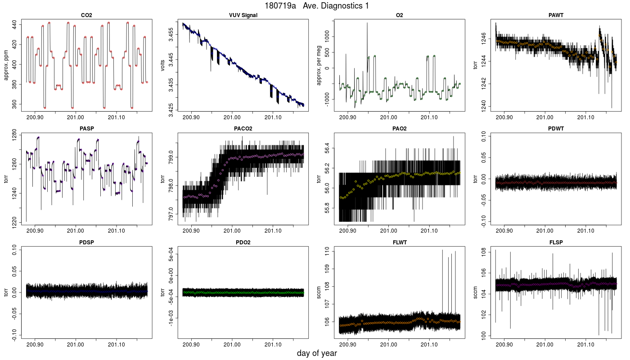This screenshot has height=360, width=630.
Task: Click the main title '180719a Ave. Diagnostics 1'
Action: [x=317, y=5]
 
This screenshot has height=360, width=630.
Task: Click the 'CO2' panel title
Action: [x=86, y=15]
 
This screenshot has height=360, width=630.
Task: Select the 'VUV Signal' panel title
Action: [x=243, y=15]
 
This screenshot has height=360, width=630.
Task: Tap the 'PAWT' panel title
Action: [x=556, y=15]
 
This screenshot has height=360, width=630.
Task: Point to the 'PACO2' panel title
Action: [x=243, y=129]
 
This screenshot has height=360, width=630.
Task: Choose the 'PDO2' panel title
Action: [x=243, y=242]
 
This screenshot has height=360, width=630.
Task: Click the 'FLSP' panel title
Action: [x=556, y=242]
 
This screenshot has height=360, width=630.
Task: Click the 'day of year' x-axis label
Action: [x=317, y=353]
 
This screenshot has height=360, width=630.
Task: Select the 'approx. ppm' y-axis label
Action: [x=6, y=65]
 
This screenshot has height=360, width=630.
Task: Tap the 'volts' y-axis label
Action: [x=163, y=65]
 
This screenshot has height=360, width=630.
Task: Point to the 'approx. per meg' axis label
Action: [x=319, y=65]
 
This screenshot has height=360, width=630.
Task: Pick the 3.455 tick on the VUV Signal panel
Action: [x=171, y=35]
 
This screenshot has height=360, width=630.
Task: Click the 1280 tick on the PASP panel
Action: [x=14, y=135]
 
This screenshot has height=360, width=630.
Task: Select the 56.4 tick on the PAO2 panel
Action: [x=327, y=148]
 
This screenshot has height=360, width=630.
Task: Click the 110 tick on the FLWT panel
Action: [x=327, y=251]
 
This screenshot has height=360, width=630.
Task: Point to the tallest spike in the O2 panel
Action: [x=367, y=23]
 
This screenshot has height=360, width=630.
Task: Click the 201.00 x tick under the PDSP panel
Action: [x=76, y=345]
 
